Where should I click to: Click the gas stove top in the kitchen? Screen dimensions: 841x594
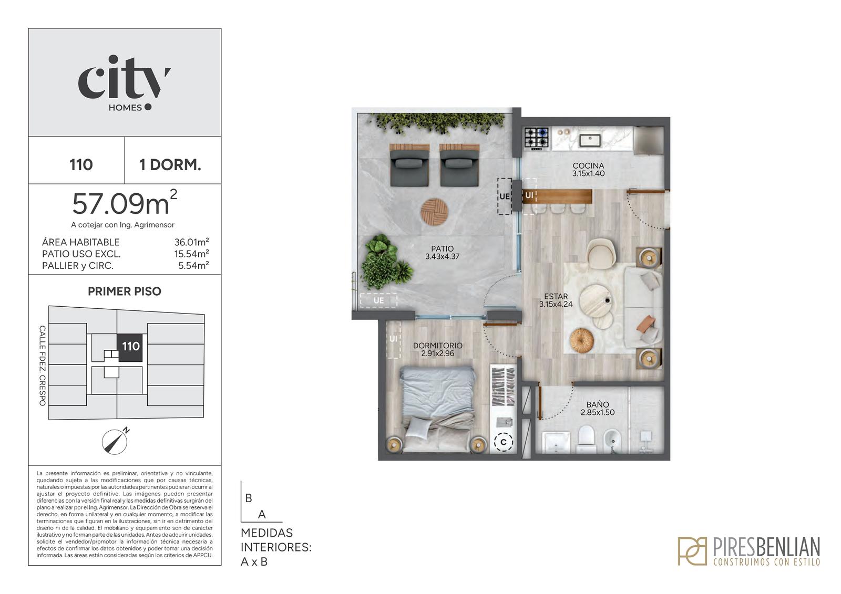pyautogui.click(x=537, y=138)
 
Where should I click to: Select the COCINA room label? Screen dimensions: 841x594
pyautogui.click(x=588, y=165)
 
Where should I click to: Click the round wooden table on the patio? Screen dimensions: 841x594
pyautogui.click(x=434, y=212)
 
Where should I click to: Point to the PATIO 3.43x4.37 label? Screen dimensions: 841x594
pyautogui.click(x=442, y=253)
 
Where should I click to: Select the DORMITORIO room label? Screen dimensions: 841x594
pyautogui.click(x=438, y=345)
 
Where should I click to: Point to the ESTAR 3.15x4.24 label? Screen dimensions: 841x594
pyautogui.click(x=556, y=300)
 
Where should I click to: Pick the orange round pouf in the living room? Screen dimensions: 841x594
pyautogui.click(x=581, y=341)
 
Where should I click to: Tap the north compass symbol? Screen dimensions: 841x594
pyautogui.click(x=115, y=441)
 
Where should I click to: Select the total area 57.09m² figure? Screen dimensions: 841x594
pyautogui.click(x=125, y=203)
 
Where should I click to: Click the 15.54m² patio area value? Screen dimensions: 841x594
pyautogui.click(x=191, y=254)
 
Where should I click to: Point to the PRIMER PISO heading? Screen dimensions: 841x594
pyautogui.click(x=125, y=291)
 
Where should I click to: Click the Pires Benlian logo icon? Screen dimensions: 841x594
pyautogui.click(x=692, y=551)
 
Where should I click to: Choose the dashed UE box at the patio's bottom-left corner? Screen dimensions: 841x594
pyautogui.click(x=378, y=300)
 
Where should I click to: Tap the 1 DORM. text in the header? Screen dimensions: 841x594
pyautogui.click(x=170, y=165)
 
